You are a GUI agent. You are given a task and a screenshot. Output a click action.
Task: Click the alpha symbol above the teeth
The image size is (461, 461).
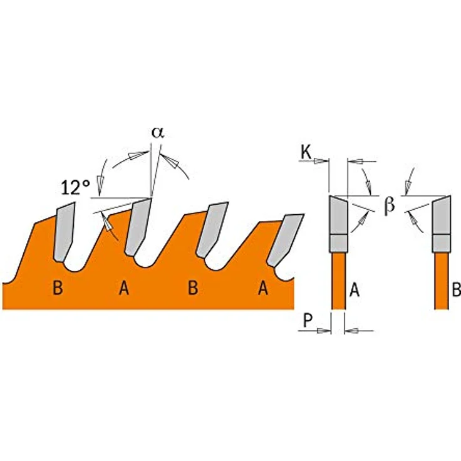tap(158, 133)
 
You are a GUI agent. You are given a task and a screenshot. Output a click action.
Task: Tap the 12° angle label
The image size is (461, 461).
tap(75, 187)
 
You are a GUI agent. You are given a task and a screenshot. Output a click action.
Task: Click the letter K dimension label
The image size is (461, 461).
tap(306, 153)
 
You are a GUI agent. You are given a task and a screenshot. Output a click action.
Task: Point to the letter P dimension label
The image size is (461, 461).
tap(308, 320)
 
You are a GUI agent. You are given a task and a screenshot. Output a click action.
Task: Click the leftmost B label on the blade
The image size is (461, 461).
tap(58, 288)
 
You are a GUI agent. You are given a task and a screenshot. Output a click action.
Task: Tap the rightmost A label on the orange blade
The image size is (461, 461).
tap(263, 288)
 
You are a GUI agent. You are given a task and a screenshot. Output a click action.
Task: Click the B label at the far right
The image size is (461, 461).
tap(456, 290)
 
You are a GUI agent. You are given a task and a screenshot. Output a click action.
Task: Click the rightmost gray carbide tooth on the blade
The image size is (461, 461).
tap(284, 240)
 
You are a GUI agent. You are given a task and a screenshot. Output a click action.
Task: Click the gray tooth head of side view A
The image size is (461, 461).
tap(338, 224)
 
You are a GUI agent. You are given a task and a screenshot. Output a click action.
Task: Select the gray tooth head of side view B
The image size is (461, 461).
tap(441, 224)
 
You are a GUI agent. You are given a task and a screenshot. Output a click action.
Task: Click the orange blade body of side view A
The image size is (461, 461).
tap(338, 281)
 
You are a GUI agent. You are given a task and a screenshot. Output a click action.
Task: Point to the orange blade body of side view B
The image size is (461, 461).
tap(442, 281)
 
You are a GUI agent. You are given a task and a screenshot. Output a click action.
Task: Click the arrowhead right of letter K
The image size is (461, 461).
tap(321, 161)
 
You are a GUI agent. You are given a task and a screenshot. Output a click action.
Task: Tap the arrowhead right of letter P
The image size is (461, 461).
tap(324, 331)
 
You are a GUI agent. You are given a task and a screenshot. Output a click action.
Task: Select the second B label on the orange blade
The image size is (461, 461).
tap(192, 288)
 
